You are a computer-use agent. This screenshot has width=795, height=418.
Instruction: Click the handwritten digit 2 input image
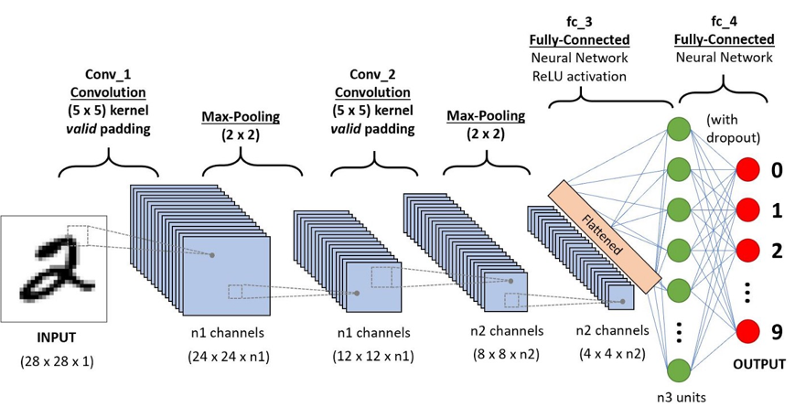coord(56,268)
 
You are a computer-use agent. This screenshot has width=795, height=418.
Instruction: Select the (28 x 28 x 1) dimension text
coord(57,361)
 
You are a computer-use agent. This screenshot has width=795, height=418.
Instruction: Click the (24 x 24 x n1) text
coord(228,356)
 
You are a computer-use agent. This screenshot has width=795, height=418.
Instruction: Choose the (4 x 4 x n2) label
coord(612,354)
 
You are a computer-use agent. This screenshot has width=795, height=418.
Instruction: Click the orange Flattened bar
coord(603,235)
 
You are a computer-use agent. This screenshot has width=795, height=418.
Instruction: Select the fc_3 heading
coord(578,21)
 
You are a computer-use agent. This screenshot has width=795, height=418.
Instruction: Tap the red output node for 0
coord(748,170)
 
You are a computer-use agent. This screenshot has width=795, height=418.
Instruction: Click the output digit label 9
coord(777,331)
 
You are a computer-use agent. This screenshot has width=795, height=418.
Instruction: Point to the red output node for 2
coord(748,250)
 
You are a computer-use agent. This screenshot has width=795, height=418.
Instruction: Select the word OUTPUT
coord(758,364)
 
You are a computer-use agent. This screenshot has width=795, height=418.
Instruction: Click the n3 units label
coord(679,399)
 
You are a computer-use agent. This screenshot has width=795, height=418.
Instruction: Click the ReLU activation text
coord(579,76)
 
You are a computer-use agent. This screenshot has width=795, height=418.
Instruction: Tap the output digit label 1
coord(777,211)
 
